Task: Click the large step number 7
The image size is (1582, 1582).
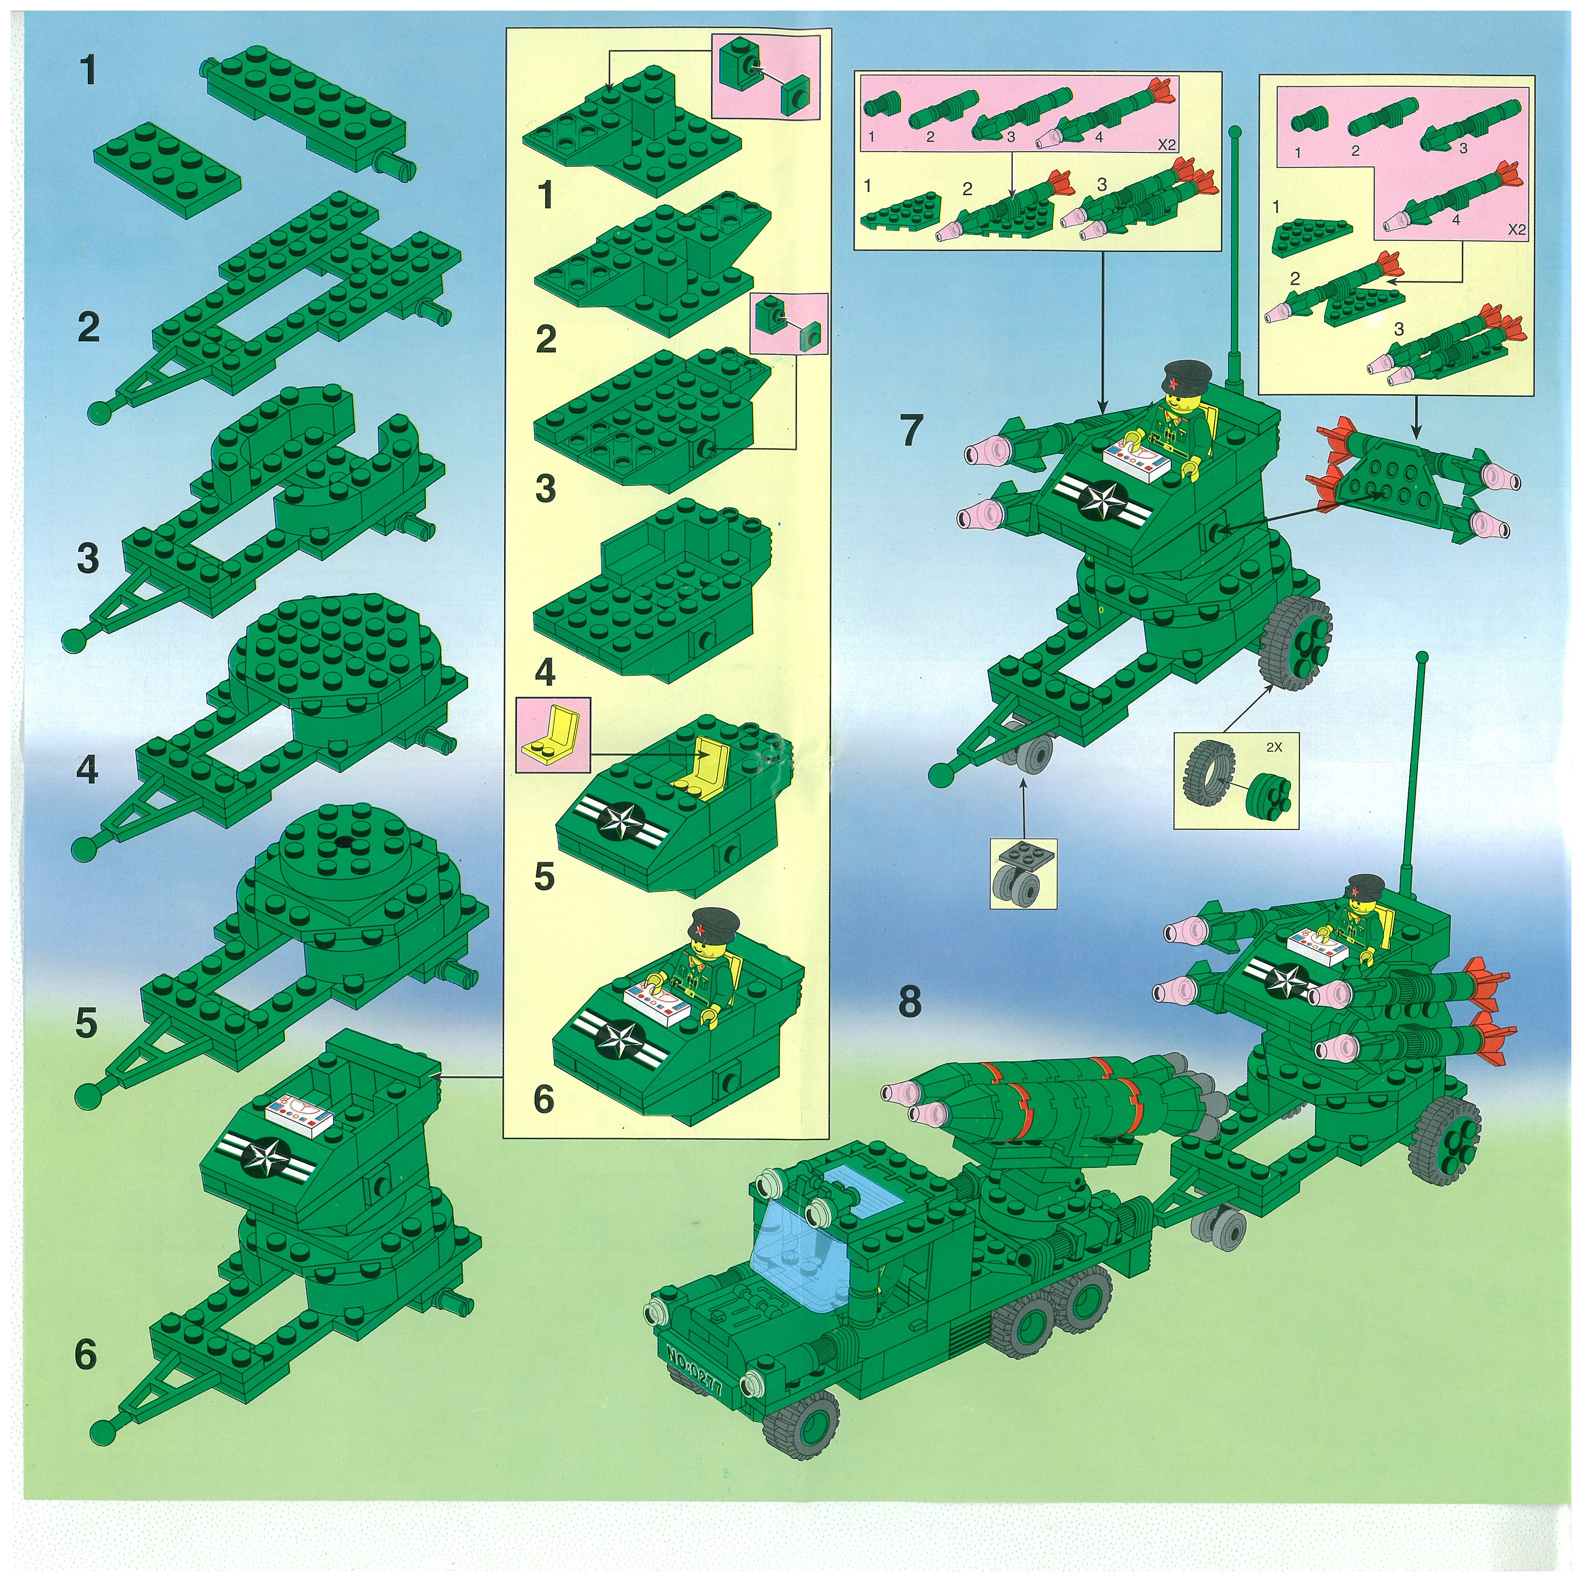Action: click(x=912, y=429)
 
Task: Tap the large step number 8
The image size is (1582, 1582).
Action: click(x=910, y=1001)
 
